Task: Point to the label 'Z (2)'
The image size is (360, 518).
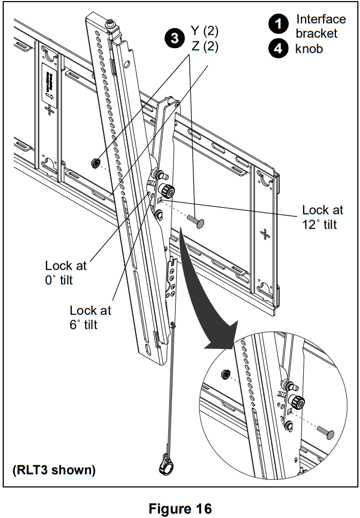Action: (x=205, y=47)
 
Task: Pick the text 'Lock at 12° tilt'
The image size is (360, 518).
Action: (x=322, y=217)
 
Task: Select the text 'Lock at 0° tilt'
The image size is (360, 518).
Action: (x=65, y=272)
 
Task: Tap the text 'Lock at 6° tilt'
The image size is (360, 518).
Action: (x=91, y=317)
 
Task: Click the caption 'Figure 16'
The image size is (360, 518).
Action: (x=179, y=508)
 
